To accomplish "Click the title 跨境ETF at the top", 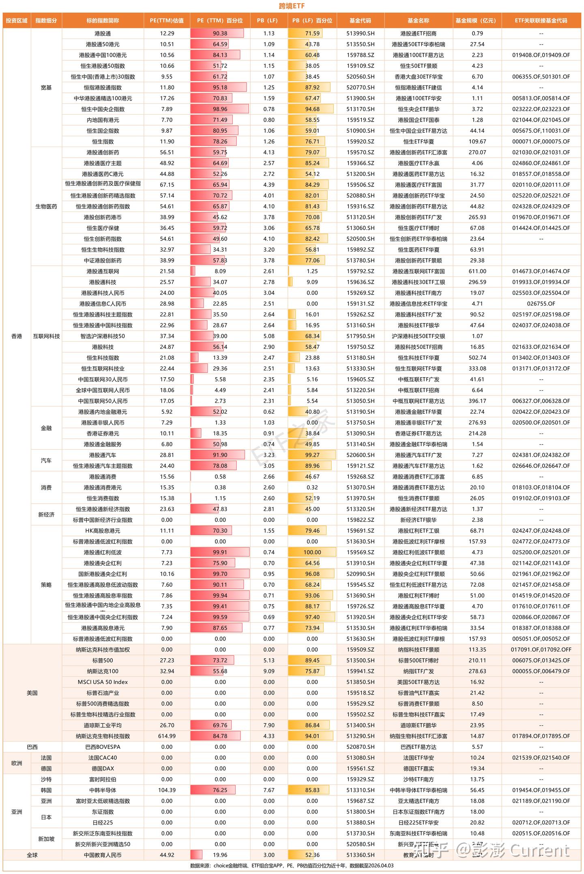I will click(292, 6).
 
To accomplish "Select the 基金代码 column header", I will click(360, 21).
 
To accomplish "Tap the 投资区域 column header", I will click(17, 21).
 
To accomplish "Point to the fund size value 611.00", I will click(477, 271).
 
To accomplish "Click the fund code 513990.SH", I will click(360, 34).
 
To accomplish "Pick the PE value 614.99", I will click(167, 736).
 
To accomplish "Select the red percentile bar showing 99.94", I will click(220, 596).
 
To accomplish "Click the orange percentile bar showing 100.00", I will click(312, 552).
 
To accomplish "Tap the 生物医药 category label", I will click(46, 207).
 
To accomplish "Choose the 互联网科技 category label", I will click(46, 336).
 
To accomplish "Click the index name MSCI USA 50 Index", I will click(103, 682).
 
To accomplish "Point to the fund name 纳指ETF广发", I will click(418, 671).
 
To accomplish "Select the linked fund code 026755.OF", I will click(541, 304).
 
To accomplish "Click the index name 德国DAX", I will click(103, 769).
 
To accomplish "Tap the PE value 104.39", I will click(167, 790).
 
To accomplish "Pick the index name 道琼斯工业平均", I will click(103, 725).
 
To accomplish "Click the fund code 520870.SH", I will click(360, 747).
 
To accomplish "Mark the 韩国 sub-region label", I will click(46, 790).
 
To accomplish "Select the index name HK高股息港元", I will click(103, 531).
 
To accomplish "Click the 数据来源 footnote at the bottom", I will click(292, 865).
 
